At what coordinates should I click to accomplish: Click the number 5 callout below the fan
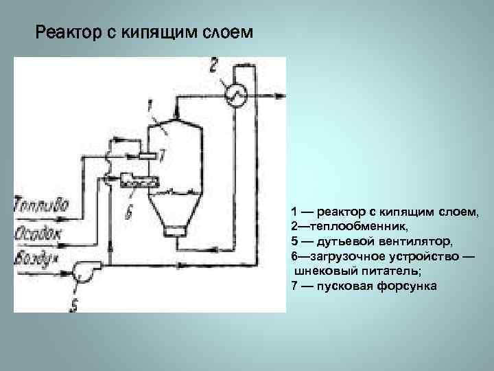[74, 302]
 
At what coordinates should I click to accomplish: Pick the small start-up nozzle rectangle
[147, 156]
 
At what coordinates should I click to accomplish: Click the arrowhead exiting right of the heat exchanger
[279, 97]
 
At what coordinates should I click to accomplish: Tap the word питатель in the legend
[373, 271]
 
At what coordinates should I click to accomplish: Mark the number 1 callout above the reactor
[149, 104]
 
